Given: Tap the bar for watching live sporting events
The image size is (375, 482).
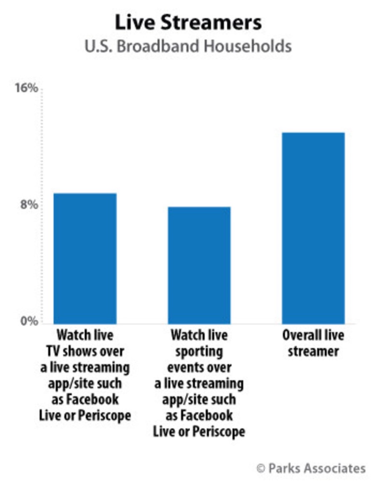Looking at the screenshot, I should (x=199, y=265).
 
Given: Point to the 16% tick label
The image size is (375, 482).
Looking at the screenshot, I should (x=28, y=88).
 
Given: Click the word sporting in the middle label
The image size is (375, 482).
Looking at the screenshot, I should (x=199, y=351).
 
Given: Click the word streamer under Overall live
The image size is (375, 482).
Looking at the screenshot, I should (x=313, y=351).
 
